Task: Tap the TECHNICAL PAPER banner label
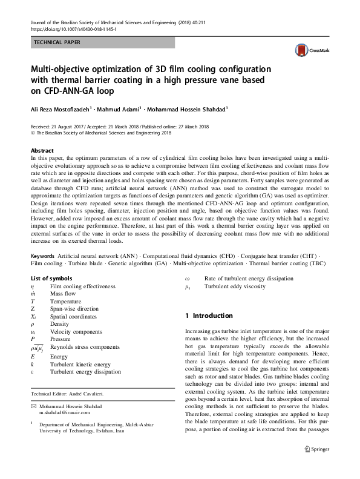55,42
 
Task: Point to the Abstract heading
41,150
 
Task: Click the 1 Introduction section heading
208,315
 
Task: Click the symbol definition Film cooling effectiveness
80,285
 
